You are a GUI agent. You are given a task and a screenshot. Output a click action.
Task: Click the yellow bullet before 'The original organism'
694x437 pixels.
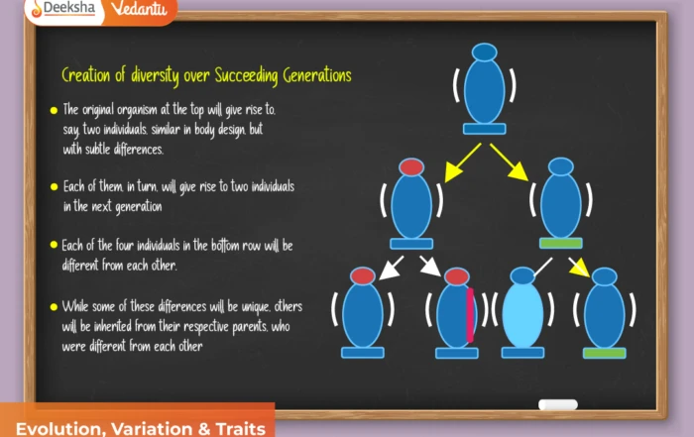53,110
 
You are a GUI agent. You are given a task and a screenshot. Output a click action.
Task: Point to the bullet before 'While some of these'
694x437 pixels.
53,307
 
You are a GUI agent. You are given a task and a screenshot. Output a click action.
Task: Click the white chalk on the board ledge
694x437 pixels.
557,404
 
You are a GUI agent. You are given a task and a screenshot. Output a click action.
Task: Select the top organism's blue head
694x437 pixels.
484,52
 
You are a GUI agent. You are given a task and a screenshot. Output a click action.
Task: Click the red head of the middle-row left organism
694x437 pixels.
410,166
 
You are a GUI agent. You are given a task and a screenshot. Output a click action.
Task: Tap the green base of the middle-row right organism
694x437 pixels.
560,243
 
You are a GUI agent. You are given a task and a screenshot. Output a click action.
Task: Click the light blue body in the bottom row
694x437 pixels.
522,314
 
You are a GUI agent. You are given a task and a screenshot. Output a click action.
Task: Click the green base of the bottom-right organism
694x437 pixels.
604,353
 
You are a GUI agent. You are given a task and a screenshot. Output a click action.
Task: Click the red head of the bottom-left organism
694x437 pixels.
362,275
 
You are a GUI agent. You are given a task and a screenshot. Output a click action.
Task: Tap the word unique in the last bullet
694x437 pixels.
253,306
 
